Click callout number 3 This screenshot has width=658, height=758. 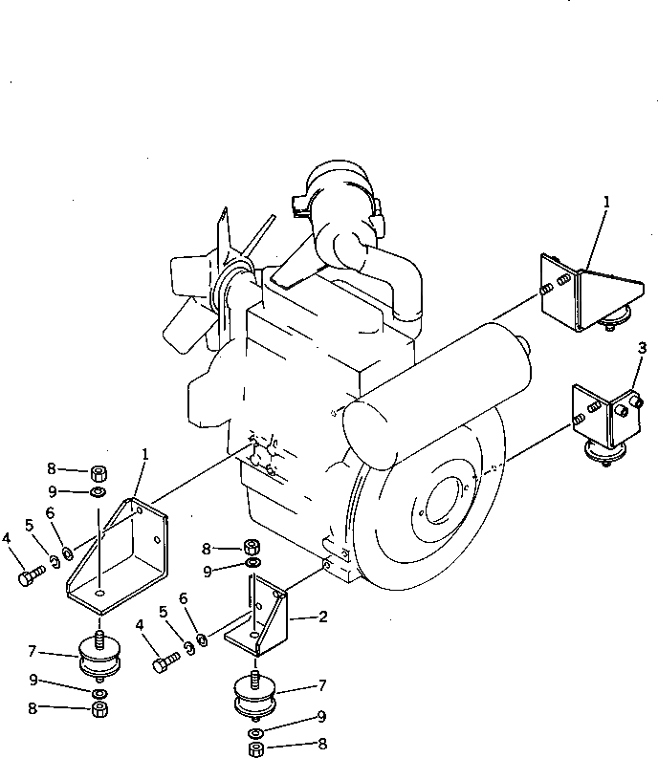642,346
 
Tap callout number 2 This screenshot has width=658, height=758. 322,618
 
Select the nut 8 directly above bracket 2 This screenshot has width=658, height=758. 252,547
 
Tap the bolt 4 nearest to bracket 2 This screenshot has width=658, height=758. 164,661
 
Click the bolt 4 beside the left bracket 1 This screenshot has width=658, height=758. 32,576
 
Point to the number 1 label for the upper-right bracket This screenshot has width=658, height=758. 606,202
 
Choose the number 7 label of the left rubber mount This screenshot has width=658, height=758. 32,651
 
